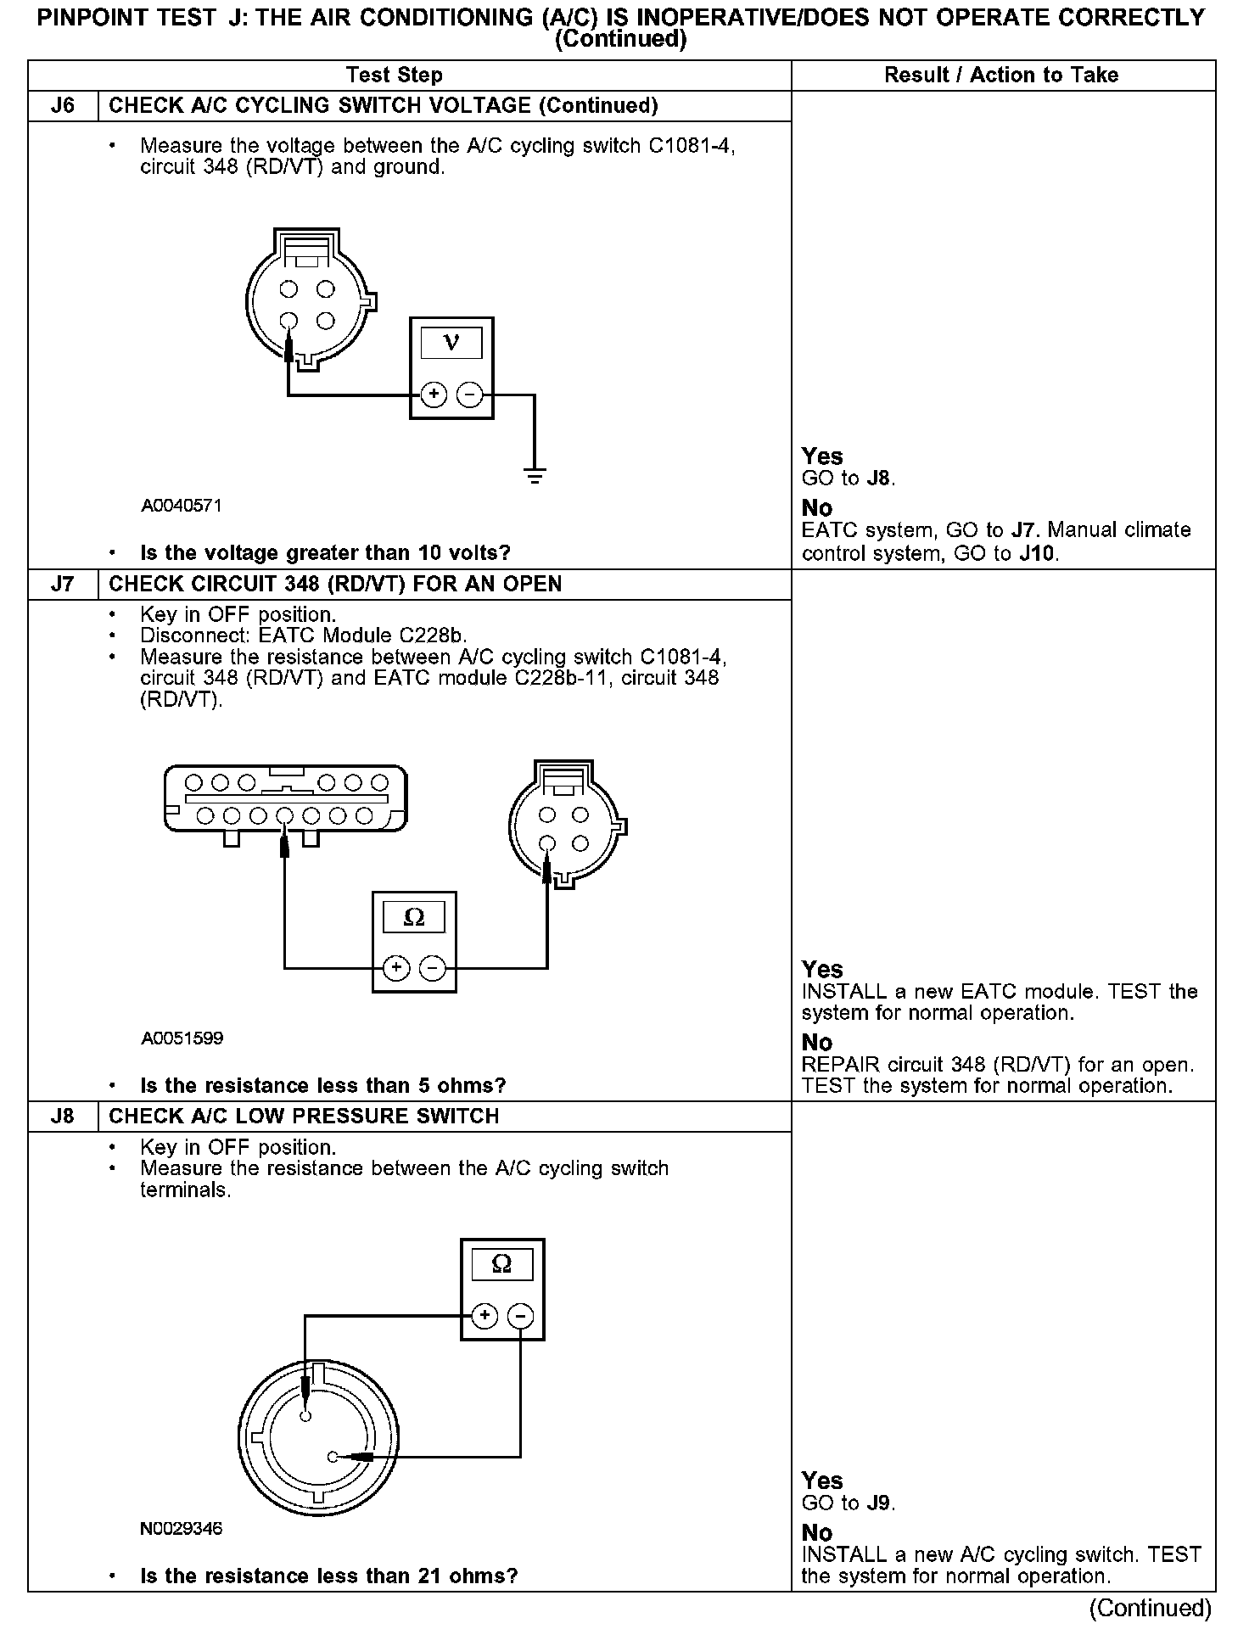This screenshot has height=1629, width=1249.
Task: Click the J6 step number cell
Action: [x=63, y=106]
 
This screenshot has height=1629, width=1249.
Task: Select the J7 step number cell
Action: [x=63, y=585]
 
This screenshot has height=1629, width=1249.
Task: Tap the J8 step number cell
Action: [x=63, y=1116]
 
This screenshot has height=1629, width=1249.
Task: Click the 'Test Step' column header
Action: [x=395, y=76]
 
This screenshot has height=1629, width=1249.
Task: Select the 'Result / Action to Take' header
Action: [x=1001, y=76]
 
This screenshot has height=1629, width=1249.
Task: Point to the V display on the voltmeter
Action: [x=451, y=343]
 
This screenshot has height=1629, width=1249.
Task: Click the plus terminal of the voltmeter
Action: [x=434, y=395]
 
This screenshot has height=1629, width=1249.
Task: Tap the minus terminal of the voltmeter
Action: [x=469, y=395]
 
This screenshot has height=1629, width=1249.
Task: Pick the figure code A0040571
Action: [x=182, y=506]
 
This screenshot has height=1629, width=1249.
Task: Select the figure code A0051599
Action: [x=182, y=1038]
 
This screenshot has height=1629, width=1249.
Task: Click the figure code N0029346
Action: [x=182, y=1528]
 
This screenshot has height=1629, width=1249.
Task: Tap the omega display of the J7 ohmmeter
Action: [x=414, y=917]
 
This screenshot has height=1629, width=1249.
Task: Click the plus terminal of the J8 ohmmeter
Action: [x=484, y=1316]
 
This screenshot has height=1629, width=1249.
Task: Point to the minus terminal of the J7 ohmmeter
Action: [x=433, y=967]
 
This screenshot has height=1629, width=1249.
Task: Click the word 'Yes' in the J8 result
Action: [x=822, y=1481]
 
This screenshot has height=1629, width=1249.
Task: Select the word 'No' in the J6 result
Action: [x=817, y=508]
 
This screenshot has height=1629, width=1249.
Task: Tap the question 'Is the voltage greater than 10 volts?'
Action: [x=325, y=553]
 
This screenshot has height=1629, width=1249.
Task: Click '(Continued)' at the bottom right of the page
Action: [x=1150, y=1609]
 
